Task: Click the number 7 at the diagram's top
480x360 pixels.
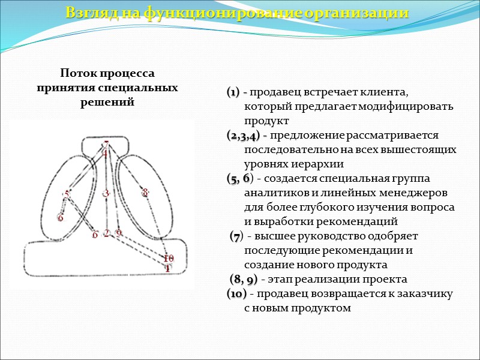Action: pos(106,145)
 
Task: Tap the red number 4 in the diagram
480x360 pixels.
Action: pos(104,154)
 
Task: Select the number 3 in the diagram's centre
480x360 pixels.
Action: pos(106,193)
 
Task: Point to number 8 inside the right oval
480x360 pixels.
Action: pos(145,193)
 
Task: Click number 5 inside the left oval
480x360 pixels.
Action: pos(67,194)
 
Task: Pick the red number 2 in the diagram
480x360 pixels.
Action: pos(106,233)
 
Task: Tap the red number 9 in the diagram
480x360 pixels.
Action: pos(118,233)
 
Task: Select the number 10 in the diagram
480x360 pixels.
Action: pos(169,259)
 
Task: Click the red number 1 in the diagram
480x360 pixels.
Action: pos(168,268)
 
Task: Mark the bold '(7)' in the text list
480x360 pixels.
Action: pos(237,236)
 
